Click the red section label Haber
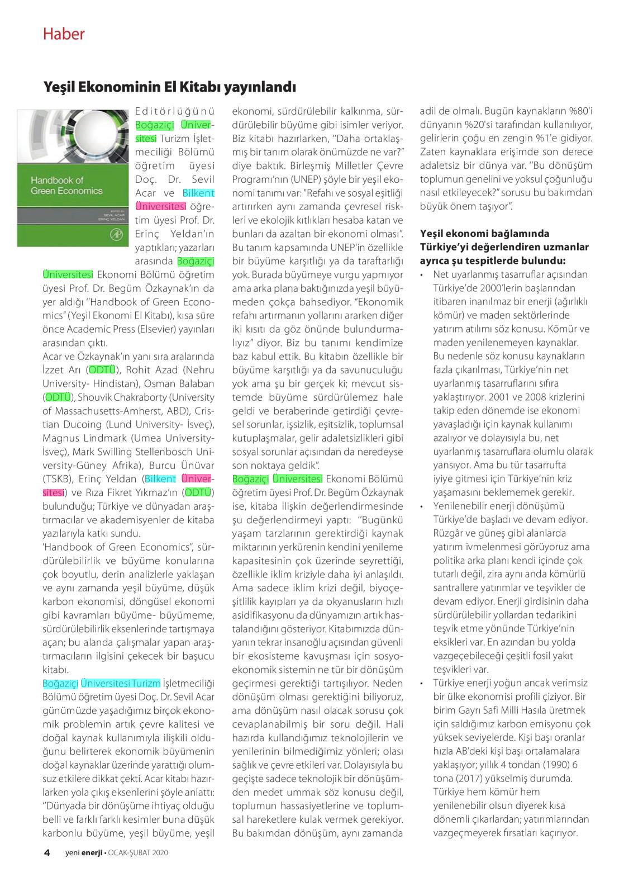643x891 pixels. (x=64, y=34)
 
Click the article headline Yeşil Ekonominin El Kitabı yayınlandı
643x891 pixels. (x=169, y=87)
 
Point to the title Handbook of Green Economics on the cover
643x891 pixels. (x=66, y=185)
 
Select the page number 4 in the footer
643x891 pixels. (x=47, y=852)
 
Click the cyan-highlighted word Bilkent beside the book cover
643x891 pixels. (x=198, y=193)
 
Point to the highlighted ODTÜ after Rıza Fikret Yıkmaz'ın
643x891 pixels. (x=198, y=492)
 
